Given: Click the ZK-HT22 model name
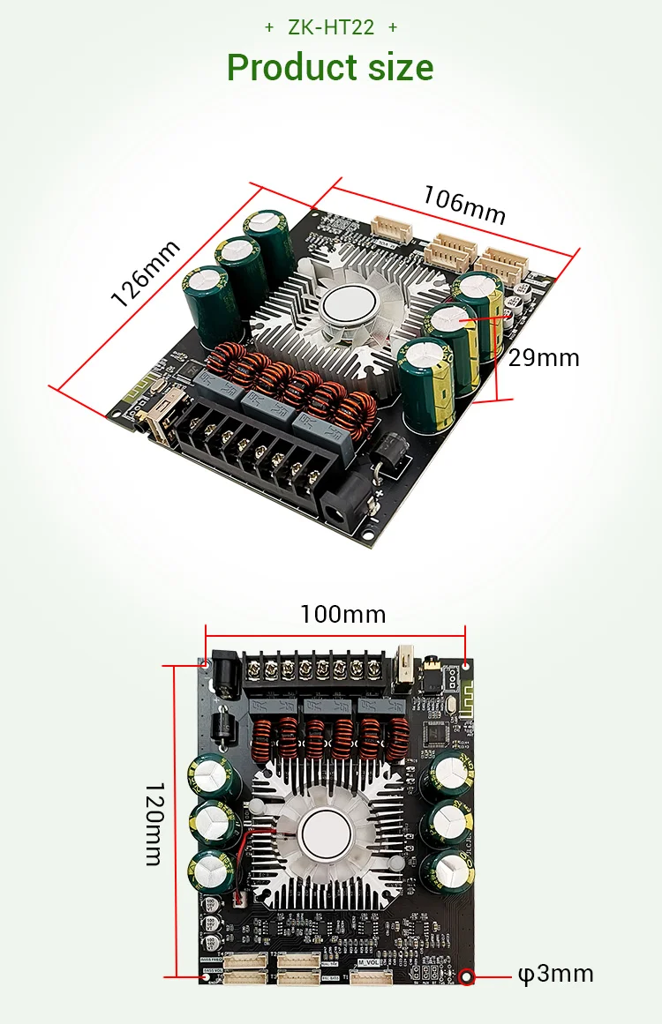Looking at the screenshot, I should pyautogui.click(x=331, y=27).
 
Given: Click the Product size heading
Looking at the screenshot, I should pyautogui.click(x=330, y=67).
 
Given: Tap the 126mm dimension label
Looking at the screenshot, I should pyautogui.click(x=146, y=273).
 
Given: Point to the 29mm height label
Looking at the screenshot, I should pyautogui.click(x=544, y=357).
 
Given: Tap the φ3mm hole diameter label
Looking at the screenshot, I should pyautogui.click(x=554, y=974).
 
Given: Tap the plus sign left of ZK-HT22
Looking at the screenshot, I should pyautogui.click(x=269, y=27).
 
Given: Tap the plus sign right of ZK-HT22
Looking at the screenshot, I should pyautogui.click(x=393, y=27).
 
